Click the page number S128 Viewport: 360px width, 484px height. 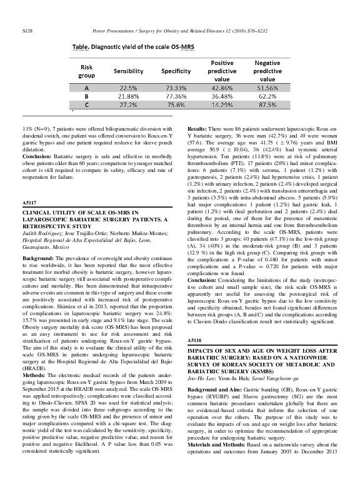click(27, 13)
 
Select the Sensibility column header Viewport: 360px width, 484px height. click(128, 72)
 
